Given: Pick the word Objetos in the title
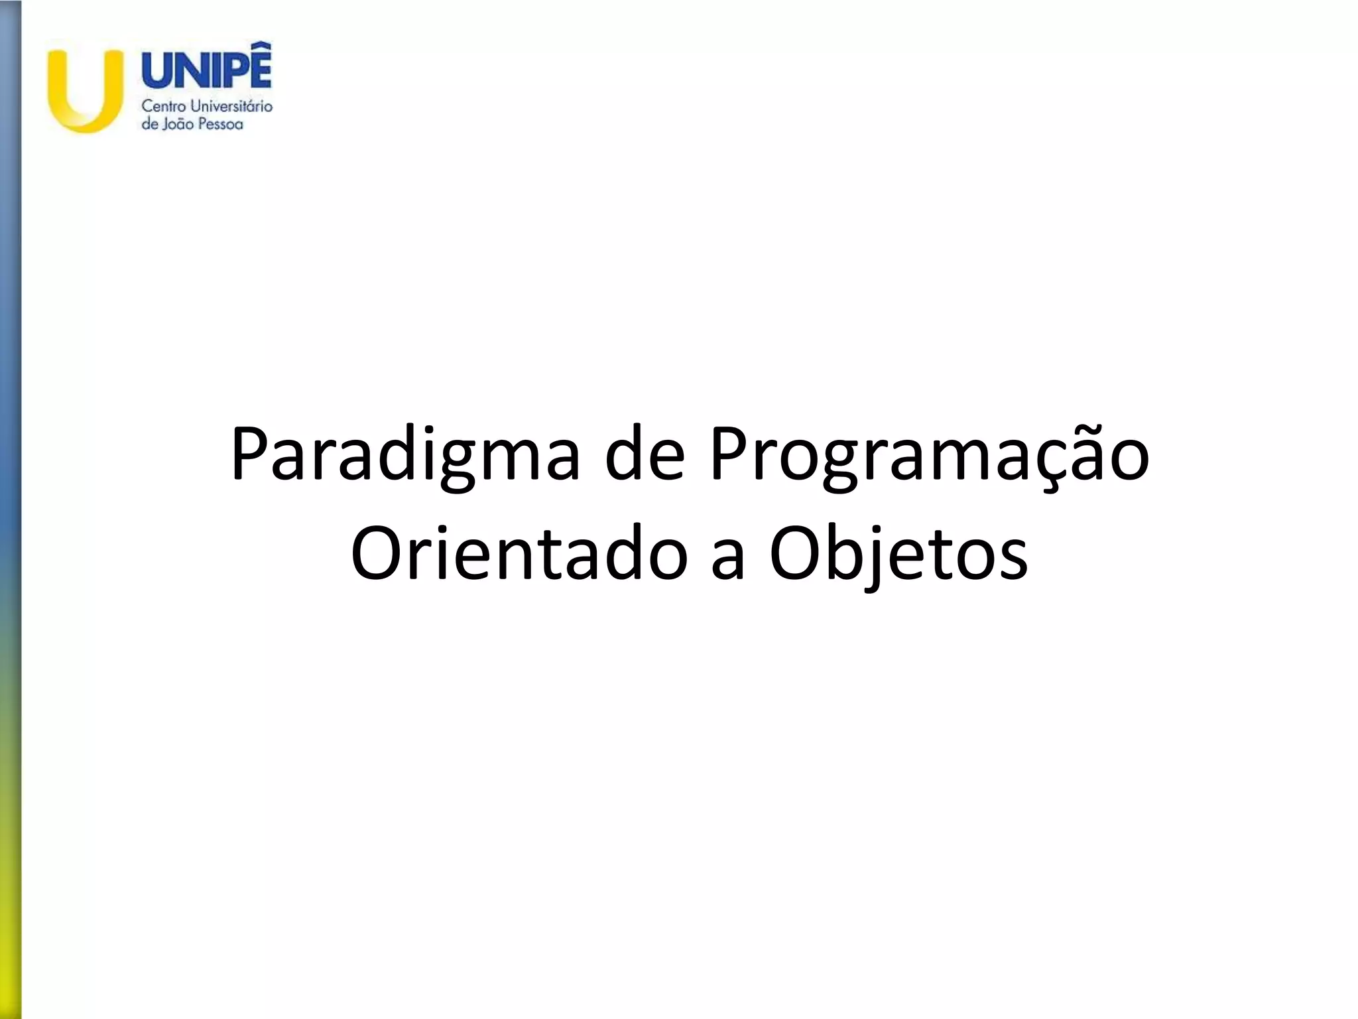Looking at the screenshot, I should [x=898, y=554].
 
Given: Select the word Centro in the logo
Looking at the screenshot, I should [x=164, y=106].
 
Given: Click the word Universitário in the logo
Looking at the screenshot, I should [x=231, y=106].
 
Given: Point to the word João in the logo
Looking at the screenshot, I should [x=177, y=124].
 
